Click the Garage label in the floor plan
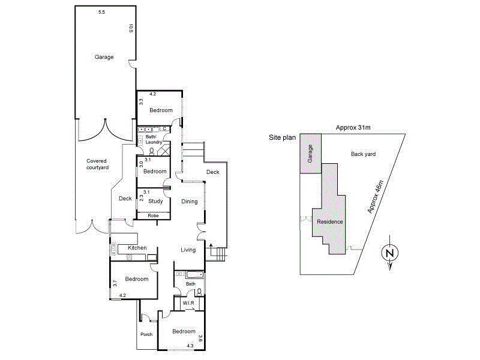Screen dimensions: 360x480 coord(104,58)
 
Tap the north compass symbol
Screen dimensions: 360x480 coord(390,254)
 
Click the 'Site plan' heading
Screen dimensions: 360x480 coord(282,138)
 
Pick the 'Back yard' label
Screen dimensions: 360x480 coord(363,154)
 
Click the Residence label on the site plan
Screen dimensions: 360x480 coord(330,221)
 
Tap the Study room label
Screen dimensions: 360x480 coord(155,202)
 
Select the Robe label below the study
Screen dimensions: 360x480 coord(154,215)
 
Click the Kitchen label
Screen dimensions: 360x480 coord(137,248)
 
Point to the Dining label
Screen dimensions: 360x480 coord(190,202)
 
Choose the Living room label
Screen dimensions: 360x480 coord(188,250)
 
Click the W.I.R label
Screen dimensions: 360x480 coord(188,304)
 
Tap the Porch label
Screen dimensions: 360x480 coord(146,334)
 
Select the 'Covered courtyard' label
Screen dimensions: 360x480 coord(97,164)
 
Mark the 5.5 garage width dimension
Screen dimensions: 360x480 coord(101,12)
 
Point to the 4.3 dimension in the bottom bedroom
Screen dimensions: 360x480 coord(190,346)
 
